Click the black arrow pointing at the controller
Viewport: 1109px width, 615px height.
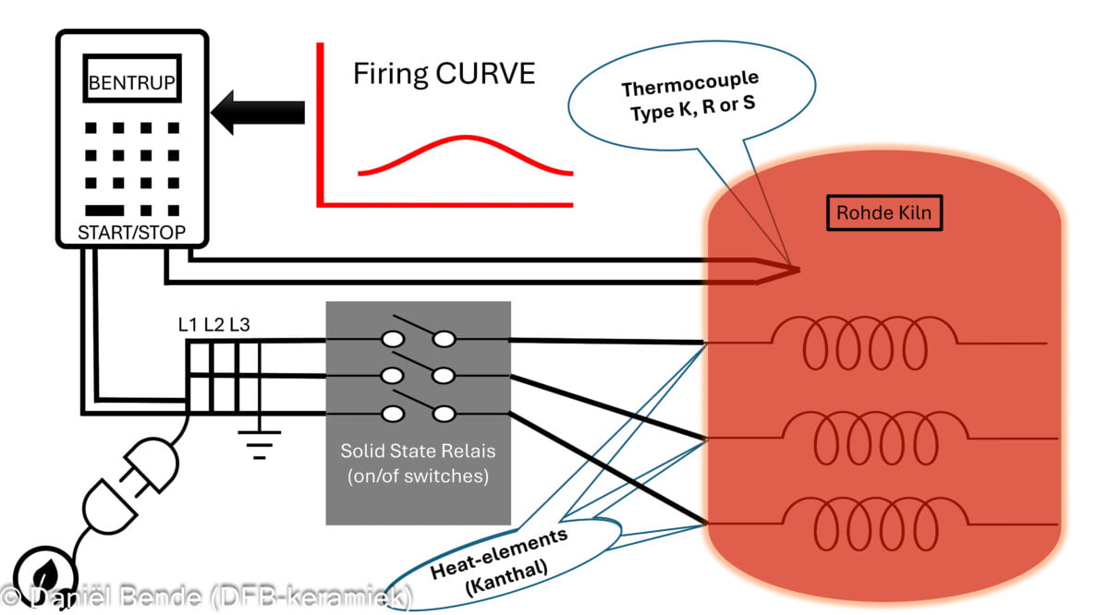pos(258,112)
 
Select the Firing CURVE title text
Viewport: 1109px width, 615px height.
pos(444,74)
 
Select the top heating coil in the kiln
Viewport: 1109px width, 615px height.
pos(864,344)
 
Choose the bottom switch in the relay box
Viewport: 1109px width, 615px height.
pos(419,414)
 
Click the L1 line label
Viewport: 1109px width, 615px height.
pos(189,325)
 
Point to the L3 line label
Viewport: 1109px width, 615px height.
pos(239,325)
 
